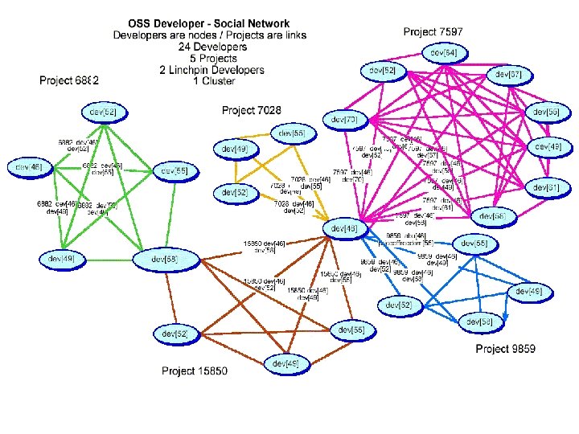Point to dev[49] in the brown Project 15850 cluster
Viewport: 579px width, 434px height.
point(286,364)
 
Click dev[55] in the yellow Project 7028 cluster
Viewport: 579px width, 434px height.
point(293,133)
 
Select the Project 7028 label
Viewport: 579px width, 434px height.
point(252,109)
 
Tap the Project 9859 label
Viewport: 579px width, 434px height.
point(506,348)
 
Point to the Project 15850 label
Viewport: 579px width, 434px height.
point(195,371)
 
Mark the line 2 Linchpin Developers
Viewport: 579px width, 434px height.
point(201,70)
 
